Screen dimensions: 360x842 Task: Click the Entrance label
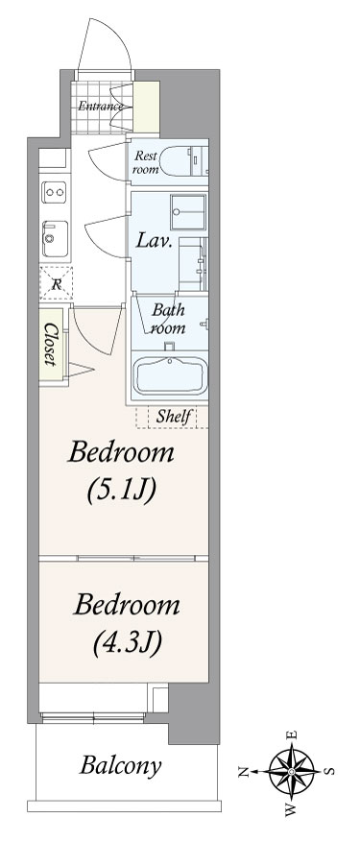pos(101,106)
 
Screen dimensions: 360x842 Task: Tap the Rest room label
pos(146,162)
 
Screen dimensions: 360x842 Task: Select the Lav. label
pos(154,241)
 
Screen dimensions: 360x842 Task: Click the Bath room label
pos(168,319)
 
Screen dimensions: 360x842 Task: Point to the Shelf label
pos(174,416)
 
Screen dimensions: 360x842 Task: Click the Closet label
pos(51,345)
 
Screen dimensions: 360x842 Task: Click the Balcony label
pos(120,765)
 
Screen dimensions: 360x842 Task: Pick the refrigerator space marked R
pos(56,282)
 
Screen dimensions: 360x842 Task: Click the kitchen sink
pos(56,238)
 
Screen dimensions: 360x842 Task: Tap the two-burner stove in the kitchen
pos(55,192)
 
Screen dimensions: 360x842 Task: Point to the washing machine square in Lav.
pos(188,212)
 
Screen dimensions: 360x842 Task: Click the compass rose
pos(291,771)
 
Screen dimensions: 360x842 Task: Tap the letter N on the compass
pos(244,772)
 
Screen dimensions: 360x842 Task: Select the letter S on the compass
pos(330,771)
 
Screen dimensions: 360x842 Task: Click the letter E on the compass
pos(292,735)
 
